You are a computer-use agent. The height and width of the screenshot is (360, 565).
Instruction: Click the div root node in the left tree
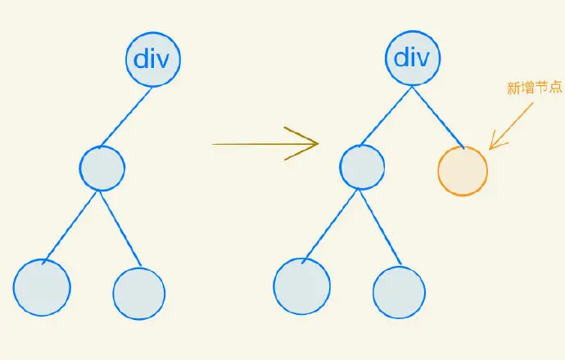click(152, 59)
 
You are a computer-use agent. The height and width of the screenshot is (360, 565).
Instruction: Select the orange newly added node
click(463, 171)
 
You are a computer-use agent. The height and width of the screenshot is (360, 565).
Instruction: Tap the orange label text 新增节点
click(535, 88)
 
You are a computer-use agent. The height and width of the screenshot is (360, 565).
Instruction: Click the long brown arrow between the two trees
click(262, 144)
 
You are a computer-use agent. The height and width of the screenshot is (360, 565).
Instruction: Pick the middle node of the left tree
click(102, 168)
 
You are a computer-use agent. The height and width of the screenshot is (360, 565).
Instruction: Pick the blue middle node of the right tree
click(362, 168)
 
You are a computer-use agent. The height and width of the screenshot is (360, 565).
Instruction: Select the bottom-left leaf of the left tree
click(41, 287)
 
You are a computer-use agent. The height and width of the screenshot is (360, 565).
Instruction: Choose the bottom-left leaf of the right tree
click(301, 287)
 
